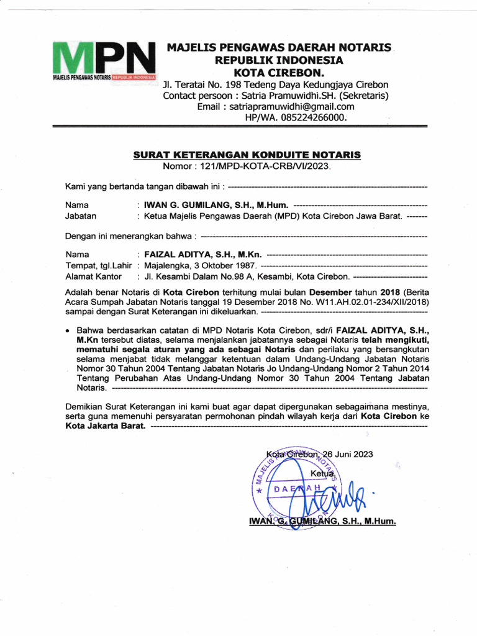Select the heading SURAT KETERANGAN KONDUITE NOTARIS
247,155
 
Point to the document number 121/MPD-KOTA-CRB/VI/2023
267,166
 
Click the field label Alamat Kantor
94,277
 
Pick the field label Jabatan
81,216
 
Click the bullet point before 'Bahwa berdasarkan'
68,332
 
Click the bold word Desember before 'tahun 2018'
330,292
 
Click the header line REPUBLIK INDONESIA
278,60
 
